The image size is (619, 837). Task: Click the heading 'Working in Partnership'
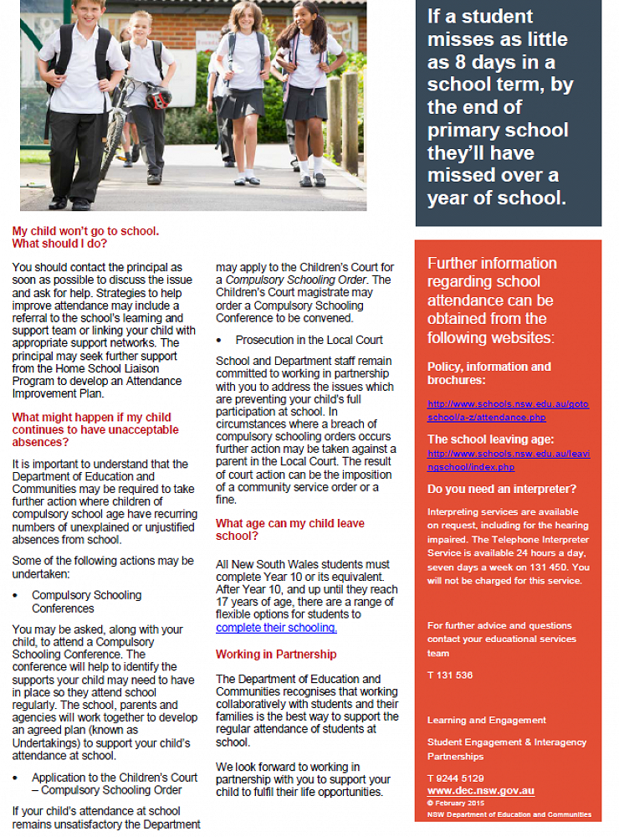(x=276, y=654)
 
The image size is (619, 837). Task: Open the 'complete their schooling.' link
(x=276, y=628)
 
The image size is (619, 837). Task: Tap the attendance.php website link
(x=508, y=409)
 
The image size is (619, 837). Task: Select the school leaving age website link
(x=508, y=460)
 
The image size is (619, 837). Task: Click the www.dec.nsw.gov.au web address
(x=480, y=791)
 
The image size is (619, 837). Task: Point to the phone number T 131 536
(x=450, y=675)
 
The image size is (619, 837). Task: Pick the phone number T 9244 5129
(x=455, y=778)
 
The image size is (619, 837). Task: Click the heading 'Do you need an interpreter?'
(x=500, y=489)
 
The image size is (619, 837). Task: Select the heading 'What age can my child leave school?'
(x=289, y=530)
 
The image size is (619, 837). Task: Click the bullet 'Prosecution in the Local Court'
(x=309, y=340)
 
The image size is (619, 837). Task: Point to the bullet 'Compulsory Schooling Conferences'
(x=86, y=602)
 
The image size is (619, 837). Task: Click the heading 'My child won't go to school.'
(x=85, y=230)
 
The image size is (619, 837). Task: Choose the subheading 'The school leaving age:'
(x=490, y=439)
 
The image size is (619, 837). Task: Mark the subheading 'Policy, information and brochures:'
(x=489, y=372)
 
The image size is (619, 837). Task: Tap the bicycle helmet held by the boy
(x=158, y=98)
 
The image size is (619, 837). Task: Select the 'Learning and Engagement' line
(x=486, y=720)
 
